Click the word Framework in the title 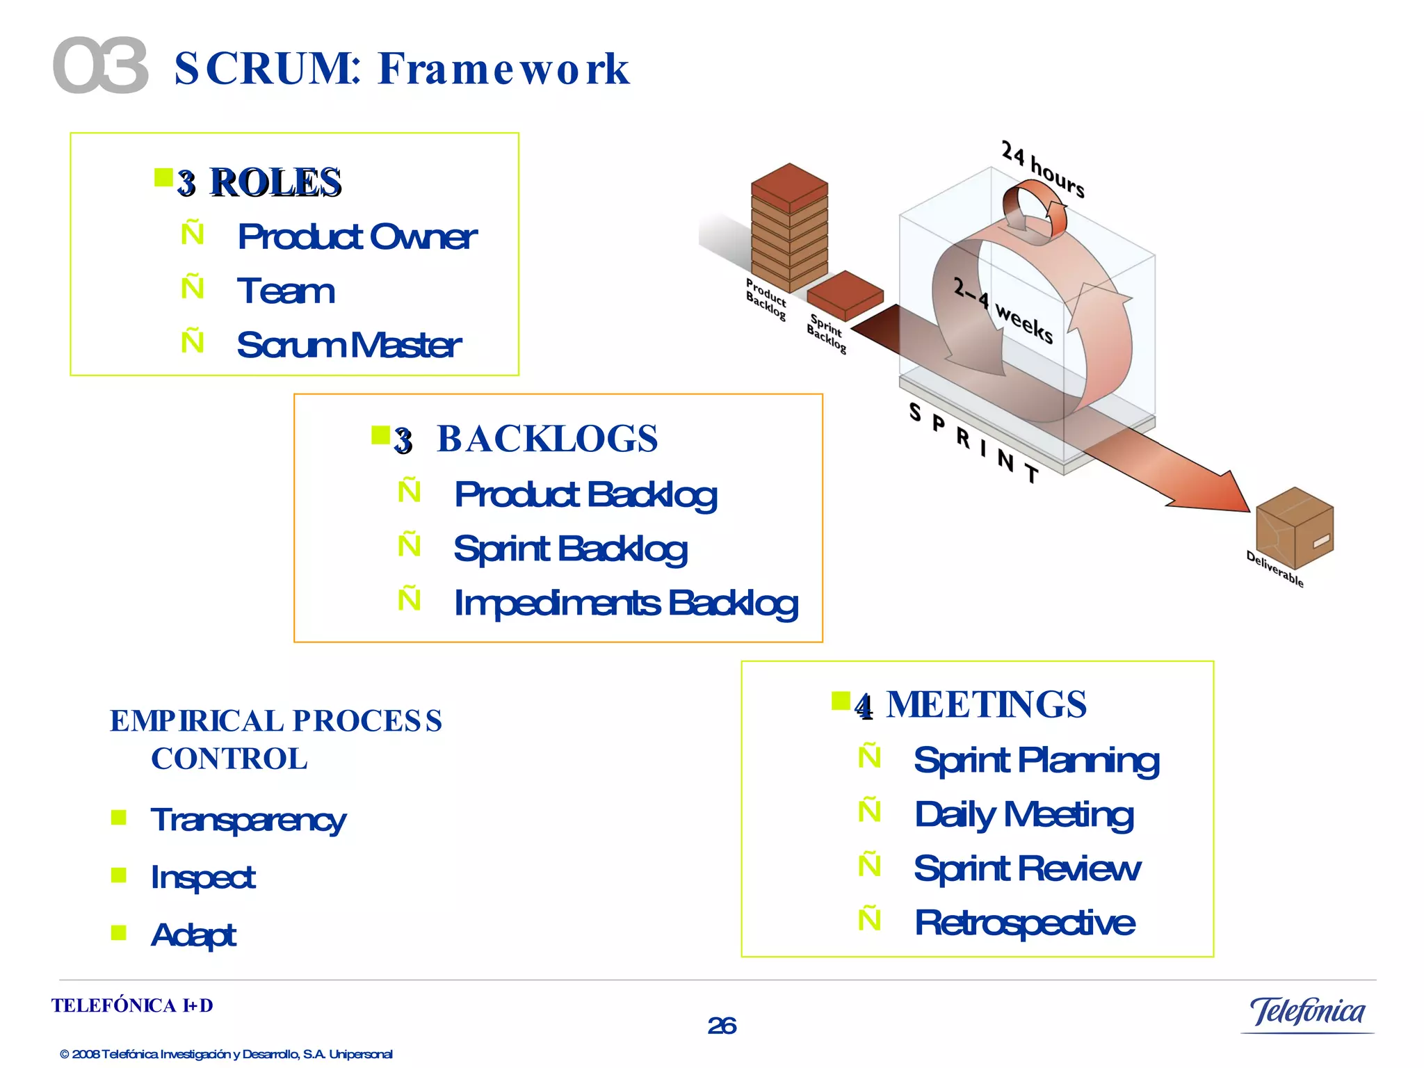point(503,69)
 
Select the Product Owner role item point(357,237)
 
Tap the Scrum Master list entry point(348,345)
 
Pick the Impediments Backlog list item point(625,604)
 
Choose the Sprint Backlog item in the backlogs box point(570,549)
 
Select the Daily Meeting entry point(1023,815)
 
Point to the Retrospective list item point(1024,923)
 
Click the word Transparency point(248,820)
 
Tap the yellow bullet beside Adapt point(119,932)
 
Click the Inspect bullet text point(203,877)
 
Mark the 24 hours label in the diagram point(1042,169)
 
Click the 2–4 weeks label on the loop point(1003,310)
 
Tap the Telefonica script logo point(1307,1012)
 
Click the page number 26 point(722,1026)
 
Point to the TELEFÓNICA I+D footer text point(132,1006)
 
